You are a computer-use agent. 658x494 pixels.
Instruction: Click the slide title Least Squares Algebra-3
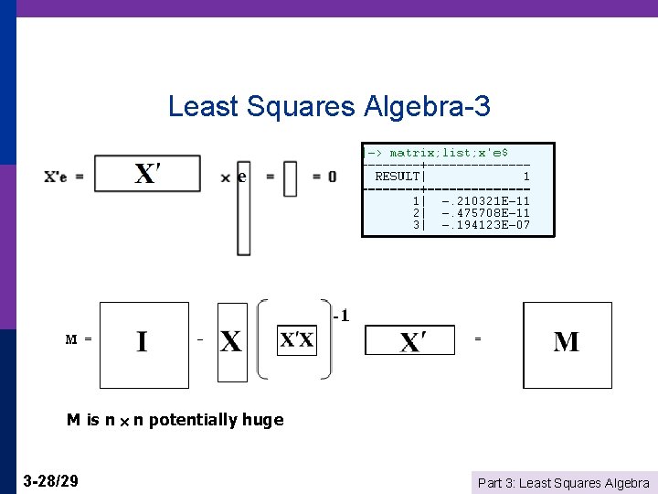[x=329, y=107]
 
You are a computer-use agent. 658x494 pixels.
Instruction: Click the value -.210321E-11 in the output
[x=484, y=200]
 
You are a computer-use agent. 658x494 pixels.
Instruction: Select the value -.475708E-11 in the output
[x=484, y=212]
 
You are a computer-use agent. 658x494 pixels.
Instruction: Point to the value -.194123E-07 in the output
[x=484, y=224]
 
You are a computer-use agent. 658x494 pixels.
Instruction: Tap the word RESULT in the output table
[x=397, y=176]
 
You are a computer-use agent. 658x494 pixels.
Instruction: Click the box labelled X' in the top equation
[x=147, y=174]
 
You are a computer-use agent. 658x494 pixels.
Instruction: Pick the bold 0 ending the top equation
[x=331, y=176]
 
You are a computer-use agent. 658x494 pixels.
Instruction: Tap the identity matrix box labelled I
[x=142, y=344]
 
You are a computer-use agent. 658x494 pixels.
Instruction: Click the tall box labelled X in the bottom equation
[x=232, y=342]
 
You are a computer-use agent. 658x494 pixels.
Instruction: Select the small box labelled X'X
[x=296, y=341]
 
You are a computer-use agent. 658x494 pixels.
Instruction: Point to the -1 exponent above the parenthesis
[x=341, y=317]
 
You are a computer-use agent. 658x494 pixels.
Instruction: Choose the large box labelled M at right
[x=567, y=344]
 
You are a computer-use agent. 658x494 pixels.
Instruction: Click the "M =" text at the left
[x=78, y=339]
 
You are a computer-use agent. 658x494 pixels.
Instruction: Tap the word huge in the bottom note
[x=262, y=420]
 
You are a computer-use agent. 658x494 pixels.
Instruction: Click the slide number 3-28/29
[x=50, y=480]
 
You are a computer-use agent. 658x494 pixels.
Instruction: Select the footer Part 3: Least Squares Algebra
[x=564, y=482]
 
